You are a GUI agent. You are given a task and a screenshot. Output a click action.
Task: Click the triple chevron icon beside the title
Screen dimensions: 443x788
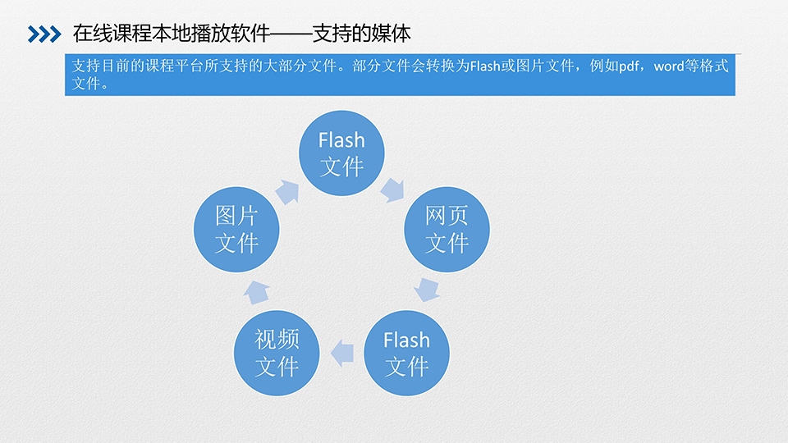pos(44,34)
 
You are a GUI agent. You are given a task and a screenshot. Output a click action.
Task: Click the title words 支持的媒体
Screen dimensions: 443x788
pos(366,34)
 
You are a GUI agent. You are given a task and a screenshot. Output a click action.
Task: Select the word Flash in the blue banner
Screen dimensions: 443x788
pos(484,66)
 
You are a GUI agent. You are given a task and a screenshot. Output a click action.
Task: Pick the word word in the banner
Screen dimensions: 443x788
pos(669,66)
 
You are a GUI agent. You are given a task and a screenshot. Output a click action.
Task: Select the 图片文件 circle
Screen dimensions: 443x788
pos(237,230)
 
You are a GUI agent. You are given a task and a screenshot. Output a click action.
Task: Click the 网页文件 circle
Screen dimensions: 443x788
pos(447,230)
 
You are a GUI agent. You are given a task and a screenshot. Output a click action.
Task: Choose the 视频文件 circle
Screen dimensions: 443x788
pos(277,353)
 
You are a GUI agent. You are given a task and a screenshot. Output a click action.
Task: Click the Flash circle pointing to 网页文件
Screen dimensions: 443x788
pos(341,153)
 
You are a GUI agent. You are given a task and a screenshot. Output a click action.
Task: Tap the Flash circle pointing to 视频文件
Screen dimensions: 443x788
pos(406,353)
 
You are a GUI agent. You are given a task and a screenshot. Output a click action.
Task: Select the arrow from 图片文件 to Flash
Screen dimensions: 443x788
pos(287,192)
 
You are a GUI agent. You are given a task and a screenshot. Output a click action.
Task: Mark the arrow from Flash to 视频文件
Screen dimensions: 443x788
pos(341,353)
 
